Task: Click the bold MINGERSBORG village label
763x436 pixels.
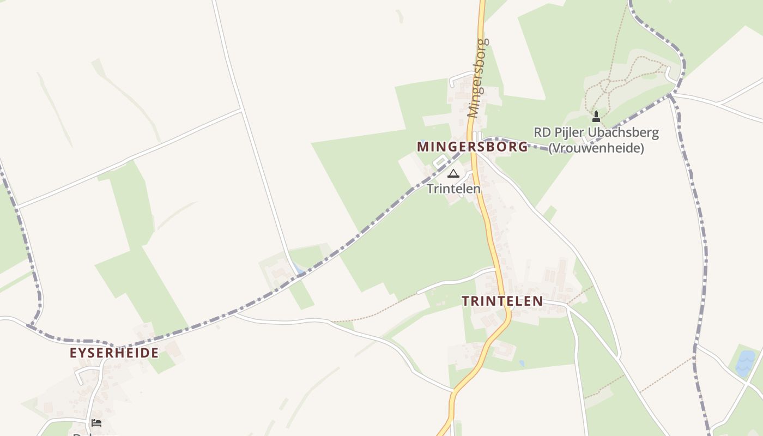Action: pyautogui.click(x=472, y=147)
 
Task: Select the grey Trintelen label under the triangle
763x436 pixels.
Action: pyautogui.click(x=453, y=189)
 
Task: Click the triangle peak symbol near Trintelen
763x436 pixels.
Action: pyautogui.click(x=453, y=174)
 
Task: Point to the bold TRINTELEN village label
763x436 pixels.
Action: pyautogui.click(x=502, y=301)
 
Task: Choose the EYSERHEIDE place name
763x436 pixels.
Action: pyautogui.click(x=114, y=353)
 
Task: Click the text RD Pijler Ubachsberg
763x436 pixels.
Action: pyautogui.click(x=596, y=132)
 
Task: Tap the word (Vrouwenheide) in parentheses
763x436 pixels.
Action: pyautogui.click(x=596, y=148)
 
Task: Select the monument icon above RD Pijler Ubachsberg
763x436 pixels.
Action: pyautogui.click(x=596, y=116)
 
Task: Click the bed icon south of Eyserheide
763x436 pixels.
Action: pyautogui.click(x=96, y=422)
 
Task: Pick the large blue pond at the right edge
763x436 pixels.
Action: pyautogui.click(x=745, y=362)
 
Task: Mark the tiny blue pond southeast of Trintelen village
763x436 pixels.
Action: pyautogui.click(x=522, y=363)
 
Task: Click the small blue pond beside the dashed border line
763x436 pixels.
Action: pyautogui.click(x=298, y=268)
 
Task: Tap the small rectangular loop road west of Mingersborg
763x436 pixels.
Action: pyautogui.click(x=439, y=162)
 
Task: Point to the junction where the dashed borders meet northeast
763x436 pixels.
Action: pyautogui.click(x=672, y=95)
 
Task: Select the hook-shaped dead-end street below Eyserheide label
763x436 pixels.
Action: pyautogui.click(x=82, y=374)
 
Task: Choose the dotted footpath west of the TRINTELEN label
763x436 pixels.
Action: pyautogui.click(x=376, y=311)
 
